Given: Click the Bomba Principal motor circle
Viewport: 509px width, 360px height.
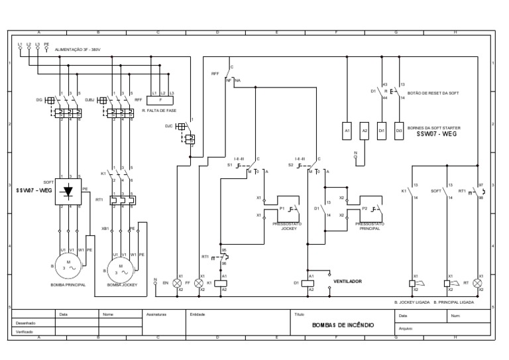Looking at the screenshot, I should (69, 265).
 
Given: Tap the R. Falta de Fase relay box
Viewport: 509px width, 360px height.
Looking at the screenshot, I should (162, 101).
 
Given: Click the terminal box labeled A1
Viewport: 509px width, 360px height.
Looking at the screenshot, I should (347, 131).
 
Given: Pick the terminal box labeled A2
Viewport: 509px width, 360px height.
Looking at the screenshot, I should (364, 131).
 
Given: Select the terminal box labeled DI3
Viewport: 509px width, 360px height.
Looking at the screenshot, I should (399, 131).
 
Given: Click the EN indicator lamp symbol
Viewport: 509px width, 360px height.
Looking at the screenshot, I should (177, 282).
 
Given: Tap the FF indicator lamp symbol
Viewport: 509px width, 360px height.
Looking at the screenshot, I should (198, 282).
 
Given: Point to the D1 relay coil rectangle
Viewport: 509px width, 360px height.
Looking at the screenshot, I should (308, 282).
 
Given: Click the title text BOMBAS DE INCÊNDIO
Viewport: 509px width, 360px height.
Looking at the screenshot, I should (343, 326).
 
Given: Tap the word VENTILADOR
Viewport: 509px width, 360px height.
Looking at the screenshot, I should (347, 282).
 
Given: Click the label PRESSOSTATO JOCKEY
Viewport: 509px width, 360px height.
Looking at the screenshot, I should (288, 226).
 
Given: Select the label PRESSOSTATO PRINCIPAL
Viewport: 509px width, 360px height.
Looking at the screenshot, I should (369, 226).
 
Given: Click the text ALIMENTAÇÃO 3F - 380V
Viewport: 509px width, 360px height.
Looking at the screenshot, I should (78, 49).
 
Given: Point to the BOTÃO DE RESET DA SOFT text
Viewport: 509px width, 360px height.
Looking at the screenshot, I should (433, 93).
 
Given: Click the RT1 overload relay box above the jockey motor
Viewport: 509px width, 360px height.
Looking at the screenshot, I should (123, 199).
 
